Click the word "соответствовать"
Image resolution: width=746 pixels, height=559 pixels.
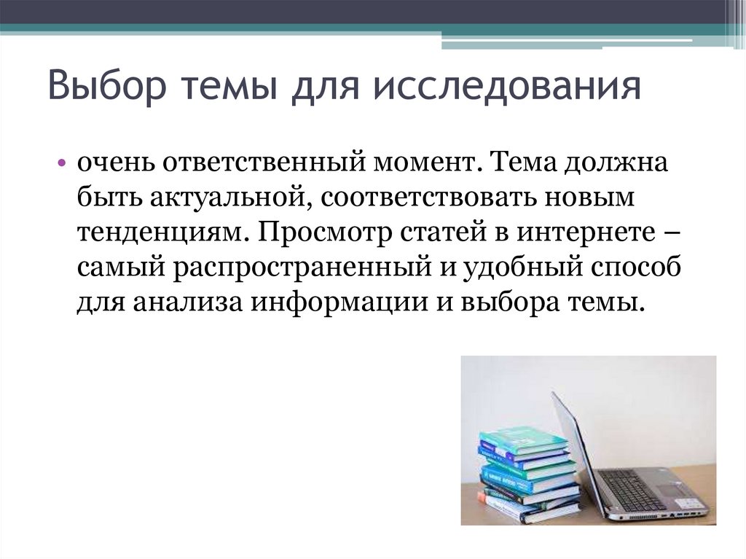click(x=428, y=198)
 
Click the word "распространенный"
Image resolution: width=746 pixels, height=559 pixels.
click(x=302, y=268)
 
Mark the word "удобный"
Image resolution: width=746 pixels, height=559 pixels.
click(x=523, y=267)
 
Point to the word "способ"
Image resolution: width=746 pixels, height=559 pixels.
click(x=636, y=267)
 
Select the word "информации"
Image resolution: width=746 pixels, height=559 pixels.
click(x=339, y=303)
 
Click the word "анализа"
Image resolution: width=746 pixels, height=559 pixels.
click(x=188, y=303)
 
